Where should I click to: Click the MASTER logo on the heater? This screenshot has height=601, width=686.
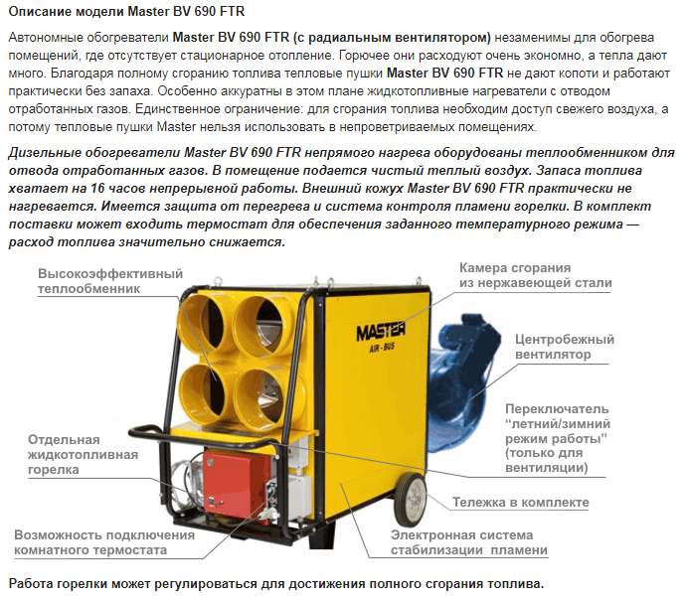click(380, 332)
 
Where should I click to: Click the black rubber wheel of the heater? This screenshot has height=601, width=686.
click(412, 501)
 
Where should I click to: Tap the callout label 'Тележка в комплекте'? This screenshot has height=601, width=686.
click(521, 503)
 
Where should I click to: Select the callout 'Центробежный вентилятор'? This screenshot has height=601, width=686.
click(565, 347)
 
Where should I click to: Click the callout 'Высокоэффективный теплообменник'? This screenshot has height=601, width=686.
click(110, 281)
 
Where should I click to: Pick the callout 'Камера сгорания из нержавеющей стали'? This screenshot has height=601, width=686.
click(536, 275)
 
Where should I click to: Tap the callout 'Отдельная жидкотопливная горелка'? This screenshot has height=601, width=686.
click(84, 455)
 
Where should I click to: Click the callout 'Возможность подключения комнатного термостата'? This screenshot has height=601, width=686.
click(104, 542)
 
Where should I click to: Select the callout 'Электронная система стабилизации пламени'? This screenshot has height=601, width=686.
click(469, 542)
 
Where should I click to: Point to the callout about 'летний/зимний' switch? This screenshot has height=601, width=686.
click(558, 438)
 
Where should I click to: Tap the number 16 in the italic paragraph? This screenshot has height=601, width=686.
click(97, 188)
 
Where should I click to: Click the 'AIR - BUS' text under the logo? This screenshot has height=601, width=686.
click(382, 348)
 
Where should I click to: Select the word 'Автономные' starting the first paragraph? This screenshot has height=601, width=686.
click(46, 38)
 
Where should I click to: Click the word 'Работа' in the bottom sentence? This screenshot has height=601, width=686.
click(28, 584)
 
